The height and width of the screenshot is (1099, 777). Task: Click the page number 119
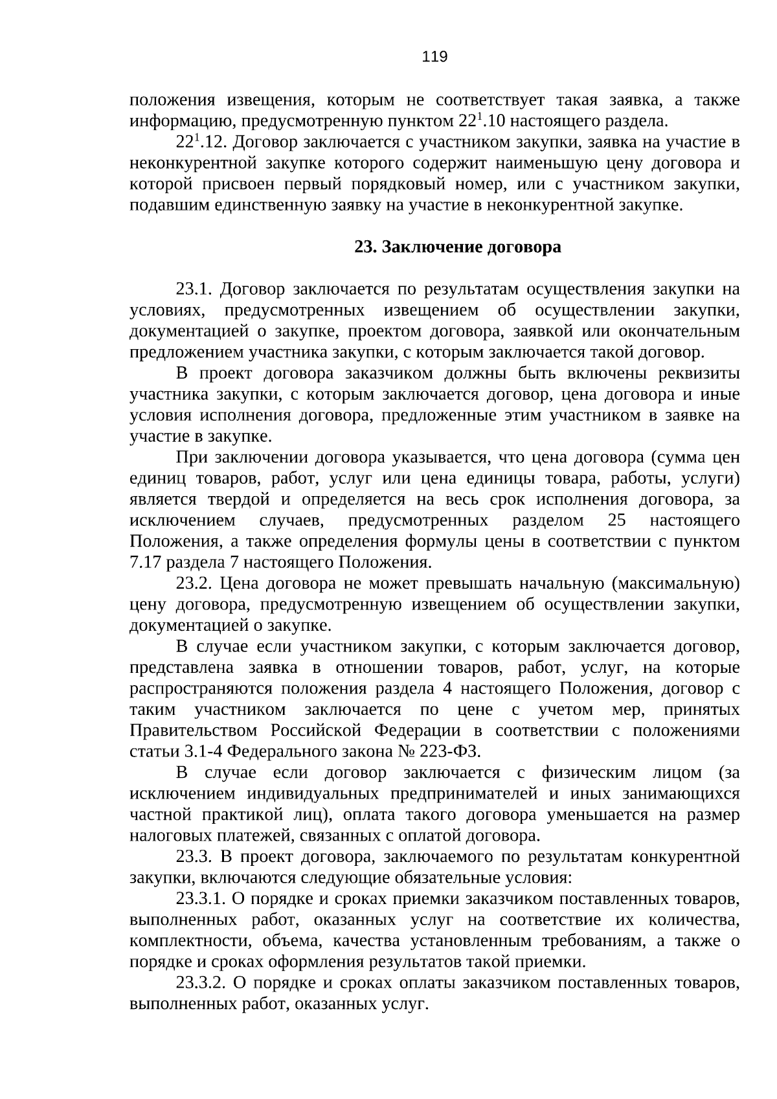click(434, 57)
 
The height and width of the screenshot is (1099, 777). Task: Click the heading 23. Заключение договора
click(457, 247)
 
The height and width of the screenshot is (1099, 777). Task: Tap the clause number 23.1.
click(195, 289)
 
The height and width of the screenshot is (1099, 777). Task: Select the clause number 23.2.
click(195, 584)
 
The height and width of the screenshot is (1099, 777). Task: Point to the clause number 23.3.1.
click(201, 900)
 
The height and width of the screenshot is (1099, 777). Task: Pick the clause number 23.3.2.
click(201, 984)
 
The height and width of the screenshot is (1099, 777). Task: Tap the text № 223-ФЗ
click(449, 752)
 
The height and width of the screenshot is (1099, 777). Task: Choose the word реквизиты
click(699, 374)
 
